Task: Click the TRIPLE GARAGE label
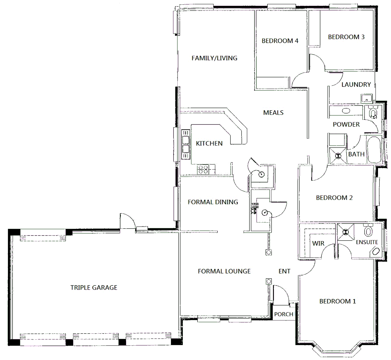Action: pyautogui.click(x=94, y=287)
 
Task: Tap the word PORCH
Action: pyautogui.click(x=284, y=314)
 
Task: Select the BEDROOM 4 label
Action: pyautogui.click(x=280, y=41)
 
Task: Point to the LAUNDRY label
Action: pyautogui.click(x=356, y=85)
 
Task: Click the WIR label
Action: pyautogui.click(x=318, y=243)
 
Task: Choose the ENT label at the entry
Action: pyautogui.click(x=284, y=271)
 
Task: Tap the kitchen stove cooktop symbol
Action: pyautogui.click(x=203, y=169)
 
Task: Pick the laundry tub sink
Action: pyautogui.click(x=366, y=99)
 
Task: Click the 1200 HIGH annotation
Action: pyautogui.click(x=255, y=206)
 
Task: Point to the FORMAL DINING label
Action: pyautogui.click(x=213, y=202)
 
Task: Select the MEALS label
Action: pyautogui.click(x=273, y=113)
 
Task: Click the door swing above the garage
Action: pyautogui.click(x=127, y=221)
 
